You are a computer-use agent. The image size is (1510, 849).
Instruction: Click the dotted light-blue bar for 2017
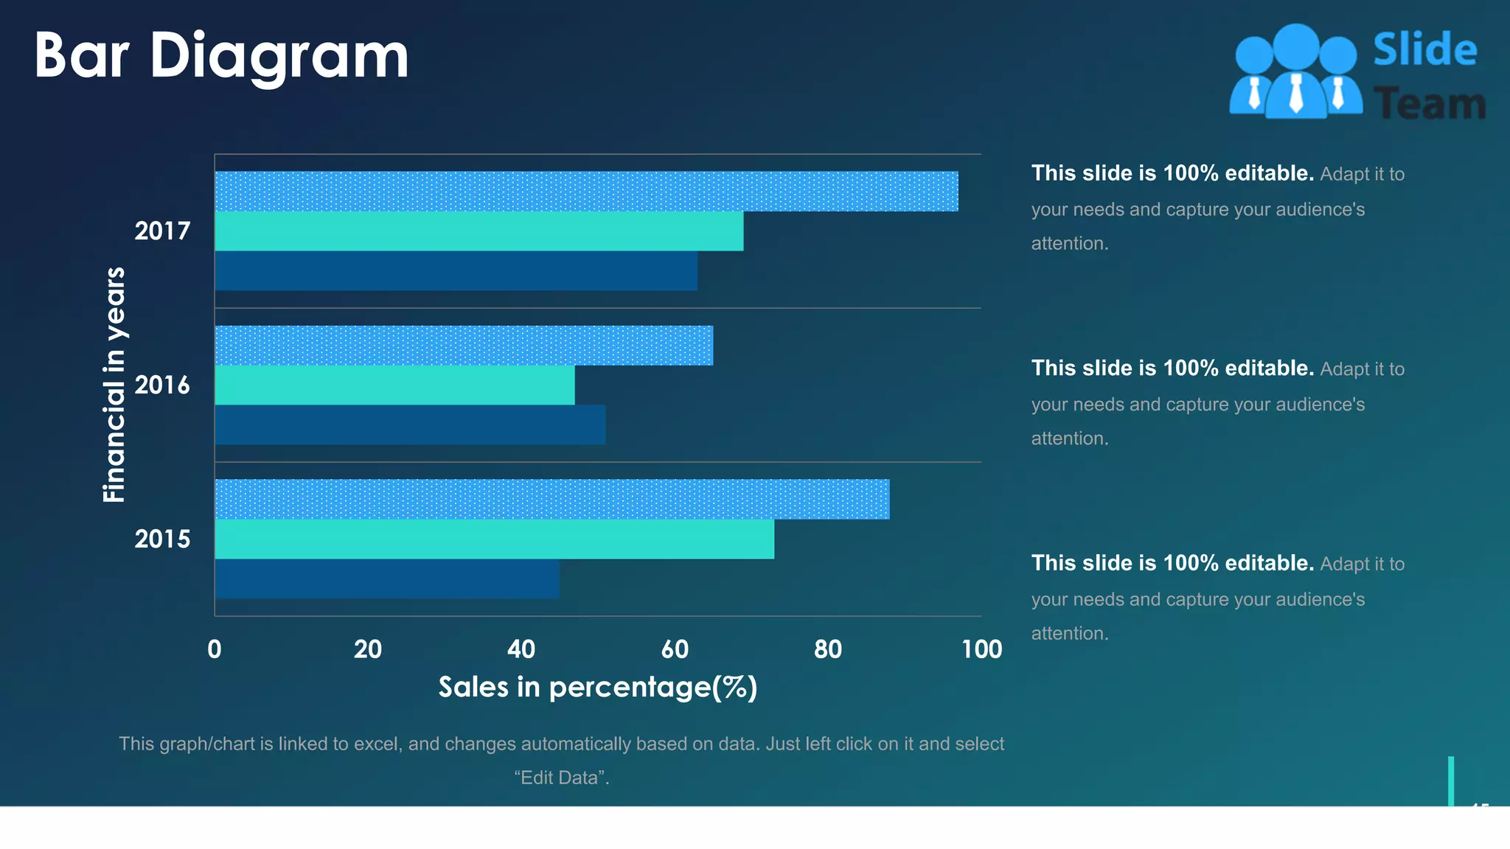pos(586,192)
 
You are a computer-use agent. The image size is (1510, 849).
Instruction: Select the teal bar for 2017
pos(479,231)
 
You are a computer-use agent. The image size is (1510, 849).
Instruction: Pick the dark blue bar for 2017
pos(456,270)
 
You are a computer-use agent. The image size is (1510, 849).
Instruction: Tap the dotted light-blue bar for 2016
pos(464,346)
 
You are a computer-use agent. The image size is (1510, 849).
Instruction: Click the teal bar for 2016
pos(394,385)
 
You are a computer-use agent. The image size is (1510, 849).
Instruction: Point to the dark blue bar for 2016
pos(410,424)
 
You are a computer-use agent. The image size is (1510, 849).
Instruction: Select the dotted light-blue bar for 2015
pos(552,500)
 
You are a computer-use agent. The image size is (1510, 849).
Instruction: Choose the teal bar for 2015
pos(494,539)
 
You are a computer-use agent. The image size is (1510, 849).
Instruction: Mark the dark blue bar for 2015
pos(387,579)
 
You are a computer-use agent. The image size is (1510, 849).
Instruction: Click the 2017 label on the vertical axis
pos(162,231)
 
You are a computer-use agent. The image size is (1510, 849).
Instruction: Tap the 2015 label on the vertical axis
pos(162,539)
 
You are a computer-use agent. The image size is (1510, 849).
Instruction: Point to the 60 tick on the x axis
pos(675,649)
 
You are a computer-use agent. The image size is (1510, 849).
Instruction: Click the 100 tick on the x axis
pos(981,649)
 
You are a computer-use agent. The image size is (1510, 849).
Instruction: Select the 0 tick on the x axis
pos(215,649)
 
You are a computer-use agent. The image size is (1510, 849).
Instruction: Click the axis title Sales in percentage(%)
pos(598,687)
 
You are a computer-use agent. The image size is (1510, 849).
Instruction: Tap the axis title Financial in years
pos(114,385)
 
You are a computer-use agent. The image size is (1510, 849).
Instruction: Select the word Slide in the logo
pos(1424,50)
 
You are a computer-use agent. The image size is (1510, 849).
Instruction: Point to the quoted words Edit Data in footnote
pos(562,778)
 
